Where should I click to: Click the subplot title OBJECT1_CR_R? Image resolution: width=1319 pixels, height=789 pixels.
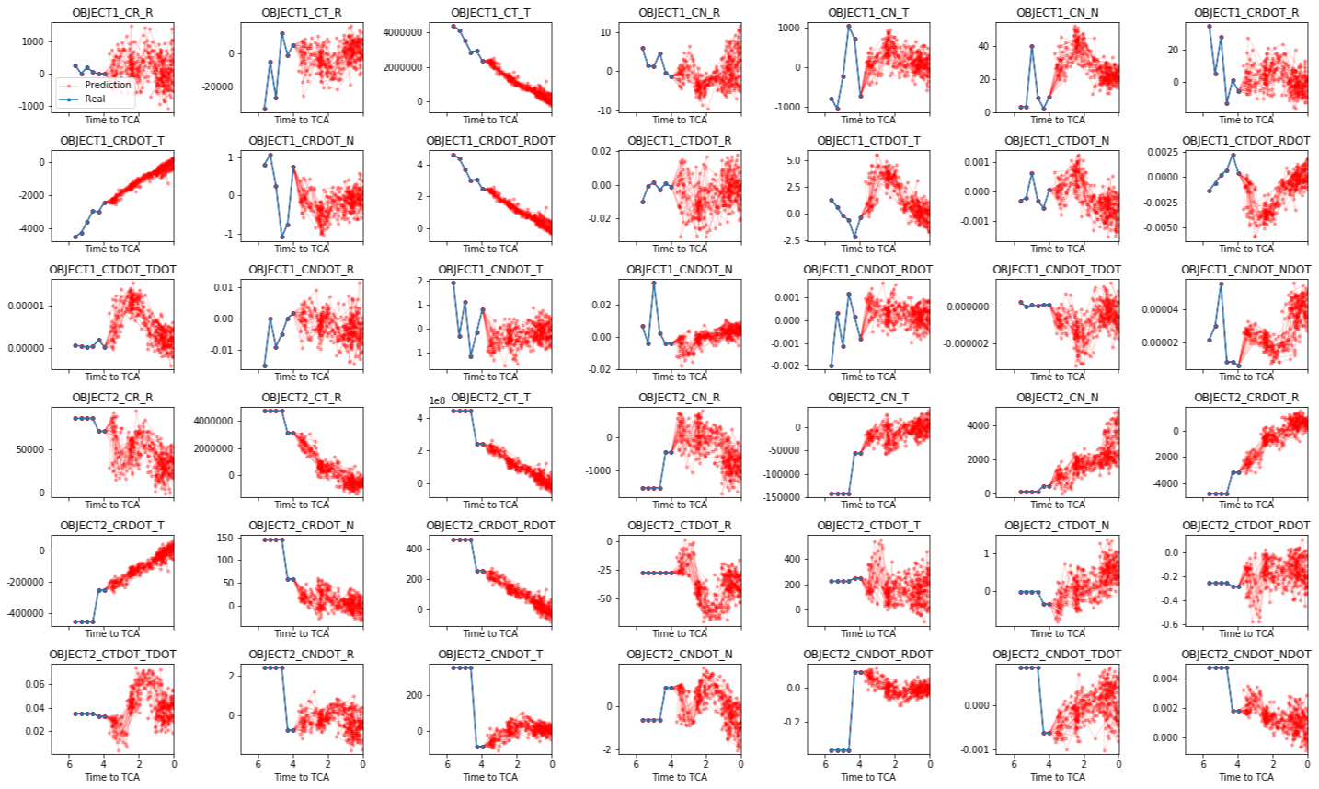112,13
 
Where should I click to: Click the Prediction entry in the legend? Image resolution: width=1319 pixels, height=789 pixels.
108,85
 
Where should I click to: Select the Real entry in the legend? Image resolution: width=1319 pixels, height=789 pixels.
95,99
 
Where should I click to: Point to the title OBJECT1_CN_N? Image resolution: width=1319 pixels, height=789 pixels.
1058,13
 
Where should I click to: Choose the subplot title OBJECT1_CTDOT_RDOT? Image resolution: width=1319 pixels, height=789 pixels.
1245,141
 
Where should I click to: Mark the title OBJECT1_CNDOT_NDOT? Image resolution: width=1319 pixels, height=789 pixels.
1245,270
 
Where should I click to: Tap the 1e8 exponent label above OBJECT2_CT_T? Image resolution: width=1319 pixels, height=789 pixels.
439,400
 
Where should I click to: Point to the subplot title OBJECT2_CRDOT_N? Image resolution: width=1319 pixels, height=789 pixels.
302,526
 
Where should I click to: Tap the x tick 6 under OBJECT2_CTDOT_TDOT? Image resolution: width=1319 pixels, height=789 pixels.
69,764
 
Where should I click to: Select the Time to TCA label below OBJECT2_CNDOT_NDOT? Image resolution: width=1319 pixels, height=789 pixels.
1246,777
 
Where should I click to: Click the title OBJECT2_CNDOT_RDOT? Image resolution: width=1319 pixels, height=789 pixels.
867,655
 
